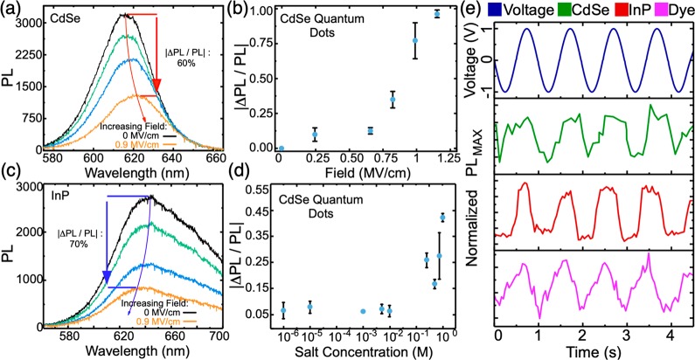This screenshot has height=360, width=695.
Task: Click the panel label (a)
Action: coord(11,10)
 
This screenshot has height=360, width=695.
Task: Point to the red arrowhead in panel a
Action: coord(157,86)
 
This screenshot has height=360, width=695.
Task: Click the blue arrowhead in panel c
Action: coord(107,277)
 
